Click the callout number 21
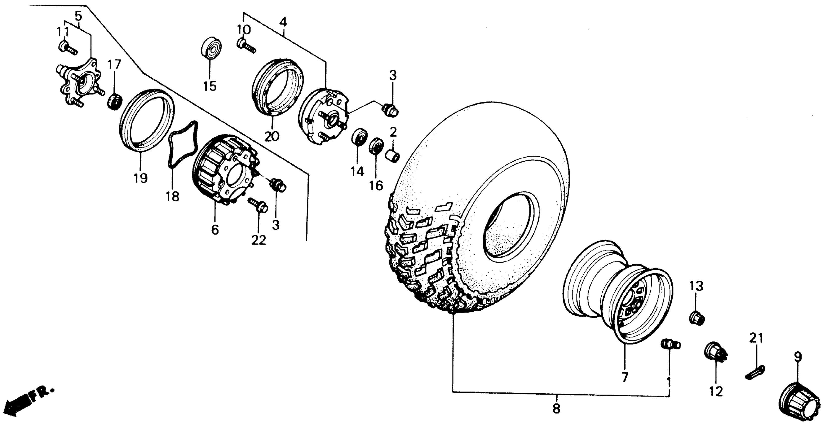click(x=756, y=338)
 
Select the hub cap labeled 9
click(x=795, y=405)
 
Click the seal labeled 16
click(x=376, y=146)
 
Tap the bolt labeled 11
click(x=67, y=48)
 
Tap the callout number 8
click(x=556, y=408)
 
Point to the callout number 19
click(x=141, y=178)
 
